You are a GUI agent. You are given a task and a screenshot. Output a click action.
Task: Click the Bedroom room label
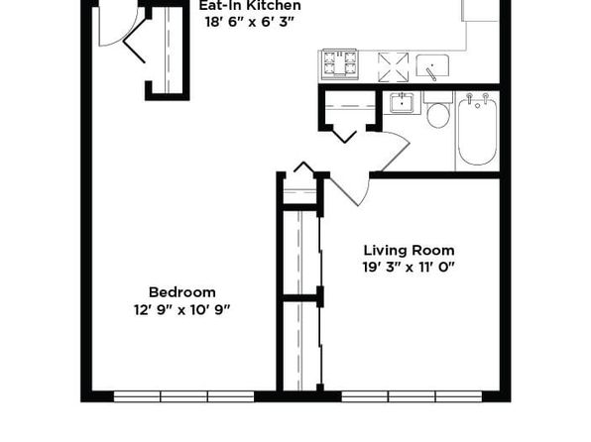(x=182, y=292)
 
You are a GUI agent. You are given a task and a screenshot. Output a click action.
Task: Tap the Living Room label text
(x=409, y=251)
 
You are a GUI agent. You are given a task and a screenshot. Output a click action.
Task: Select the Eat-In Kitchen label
(x=250, y=5)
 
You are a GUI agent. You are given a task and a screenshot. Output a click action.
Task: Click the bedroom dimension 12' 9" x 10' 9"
(x=182, y=310)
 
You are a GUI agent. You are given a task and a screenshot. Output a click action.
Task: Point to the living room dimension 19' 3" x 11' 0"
(x=409, y=268)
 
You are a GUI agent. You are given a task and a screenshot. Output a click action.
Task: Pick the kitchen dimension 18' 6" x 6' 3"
(x=250, y=22)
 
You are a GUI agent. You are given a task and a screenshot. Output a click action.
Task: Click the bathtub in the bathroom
(x=478, y=131)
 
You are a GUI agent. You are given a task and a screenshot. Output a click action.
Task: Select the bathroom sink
(x=403, y=103)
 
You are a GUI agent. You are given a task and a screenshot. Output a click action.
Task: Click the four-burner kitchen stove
(x=339, y=64)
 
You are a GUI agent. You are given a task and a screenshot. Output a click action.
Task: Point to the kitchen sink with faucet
(x=432, y=66)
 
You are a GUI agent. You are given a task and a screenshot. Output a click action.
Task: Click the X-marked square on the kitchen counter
(x=393, y=67)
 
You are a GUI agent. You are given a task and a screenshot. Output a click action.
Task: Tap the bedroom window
(x=183, y=396)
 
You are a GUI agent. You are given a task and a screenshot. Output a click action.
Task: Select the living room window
(x=412, y=396)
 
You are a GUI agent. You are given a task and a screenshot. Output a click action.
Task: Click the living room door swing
(x=350, y=191)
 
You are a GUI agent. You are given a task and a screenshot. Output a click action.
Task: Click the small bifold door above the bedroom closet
(x=303, y=167)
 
